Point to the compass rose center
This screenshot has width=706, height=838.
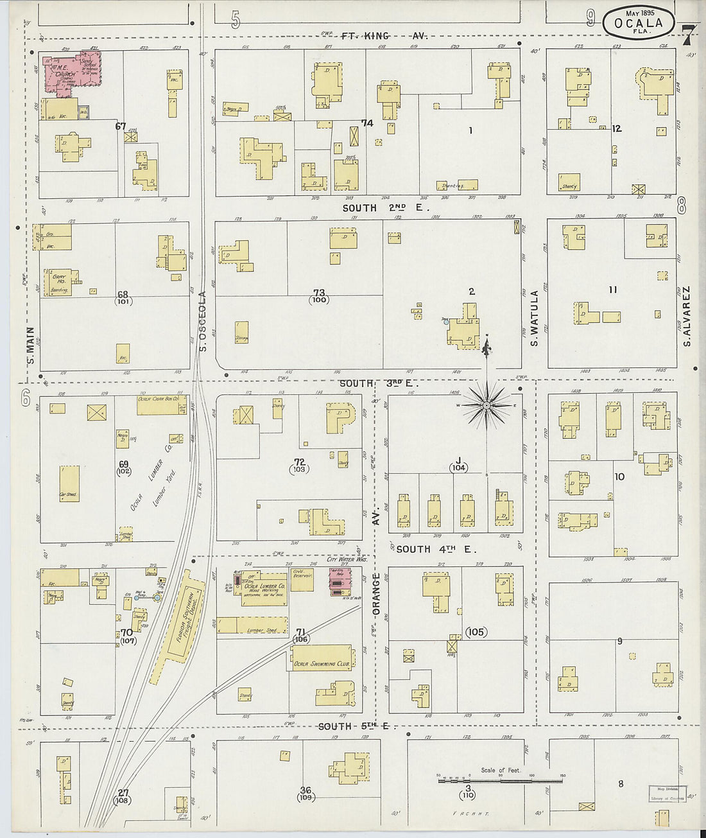(486, 405)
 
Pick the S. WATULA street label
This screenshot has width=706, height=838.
(534, 317)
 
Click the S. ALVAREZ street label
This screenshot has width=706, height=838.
(686, 316)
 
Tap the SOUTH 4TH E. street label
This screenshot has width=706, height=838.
(434, 549)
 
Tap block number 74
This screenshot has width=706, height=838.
(366, 123)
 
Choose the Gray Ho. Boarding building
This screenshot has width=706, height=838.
(58, 282)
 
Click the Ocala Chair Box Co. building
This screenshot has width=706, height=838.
(162, 405)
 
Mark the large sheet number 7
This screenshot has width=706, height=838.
(687, 36)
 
